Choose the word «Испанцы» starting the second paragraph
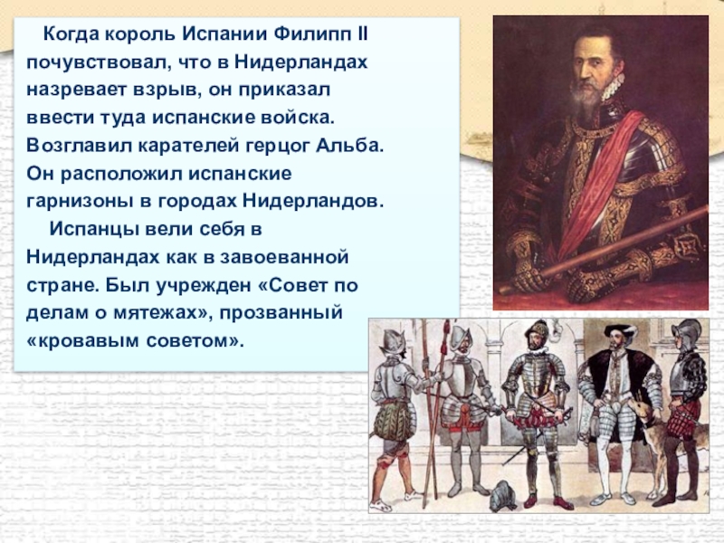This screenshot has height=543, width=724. (x=94, y=226)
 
